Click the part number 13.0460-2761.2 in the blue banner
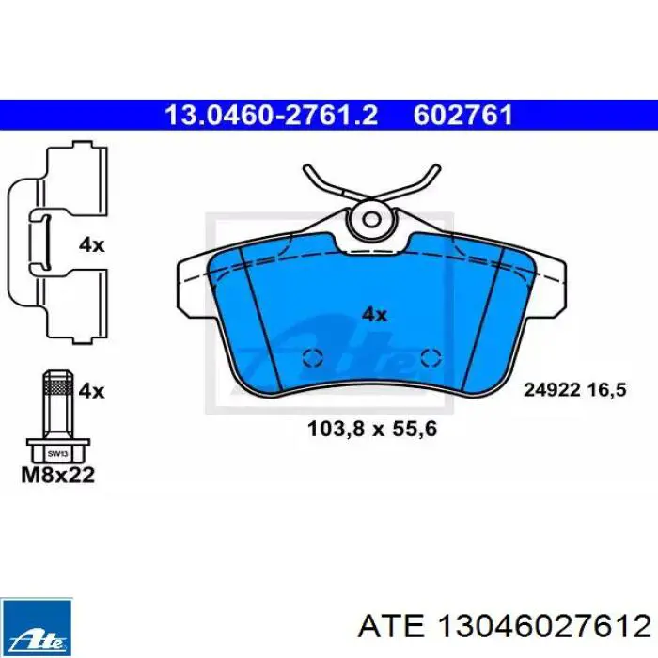tap(272, 115)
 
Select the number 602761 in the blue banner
tap(462, 115)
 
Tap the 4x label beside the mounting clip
tap(91, 244)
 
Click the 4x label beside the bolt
tap(91, 391)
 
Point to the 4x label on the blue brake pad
tap(374, 314)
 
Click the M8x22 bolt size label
tap(58, 475)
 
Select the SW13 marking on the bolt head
tap(57, 454)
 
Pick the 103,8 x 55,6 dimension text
tap(372, 429)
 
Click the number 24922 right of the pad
tap(553, 391)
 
